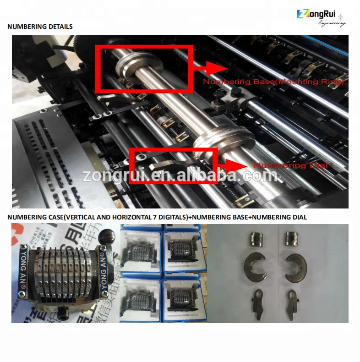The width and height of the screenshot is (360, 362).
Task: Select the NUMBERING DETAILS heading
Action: coord(40,27)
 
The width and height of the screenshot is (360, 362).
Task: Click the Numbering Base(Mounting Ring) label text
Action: coord(273,82)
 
